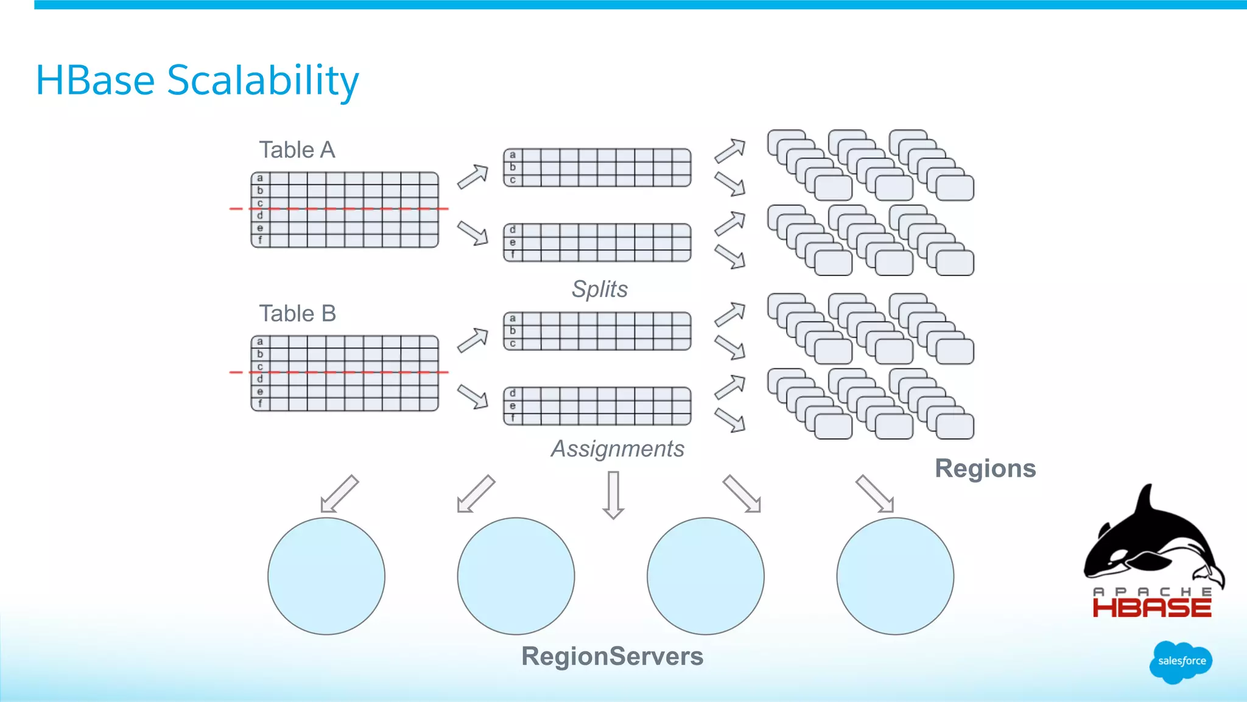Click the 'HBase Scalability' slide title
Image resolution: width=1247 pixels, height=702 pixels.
197,80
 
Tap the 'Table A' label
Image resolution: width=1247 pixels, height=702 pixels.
297,150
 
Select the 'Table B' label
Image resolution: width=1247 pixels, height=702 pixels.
298,314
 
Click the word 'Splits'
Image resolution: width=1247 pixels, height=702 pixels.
599,289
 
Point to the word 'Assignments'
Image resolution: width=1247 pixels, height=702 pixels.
617,449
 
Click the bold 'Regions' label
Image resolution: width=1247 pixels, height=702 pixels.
985,469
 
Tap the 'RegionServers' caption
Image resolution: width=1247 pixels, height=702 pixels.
612,656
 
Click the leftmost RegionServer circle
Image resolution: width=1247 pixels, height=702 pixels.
326,576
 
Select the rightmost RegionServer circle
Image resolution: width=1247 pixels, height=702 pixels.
895,576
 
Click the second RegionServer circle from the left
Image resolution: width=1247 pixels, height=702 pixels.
516,576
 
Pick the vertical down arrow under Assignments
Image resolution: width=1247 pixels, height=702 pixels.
613,494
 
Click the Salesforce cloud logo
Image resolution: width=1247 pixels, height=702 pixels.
1181,661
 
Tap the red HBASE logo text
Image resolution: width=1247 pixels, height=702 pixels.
1152,608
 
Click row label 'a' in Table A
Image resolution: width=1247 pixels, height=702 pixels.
260,178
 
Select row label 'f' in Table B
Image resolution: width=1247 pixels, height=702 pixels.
260,404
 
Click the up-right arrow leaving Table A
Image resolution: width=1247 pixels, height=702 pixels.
473,177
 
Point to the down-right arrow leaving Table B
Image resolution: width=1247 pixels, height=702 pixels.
473,396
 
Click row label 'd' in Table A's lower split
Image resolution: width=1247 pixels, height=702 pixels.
513,230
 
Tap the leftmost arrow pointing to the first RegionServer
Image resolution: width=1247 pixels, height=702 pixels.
339,494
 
